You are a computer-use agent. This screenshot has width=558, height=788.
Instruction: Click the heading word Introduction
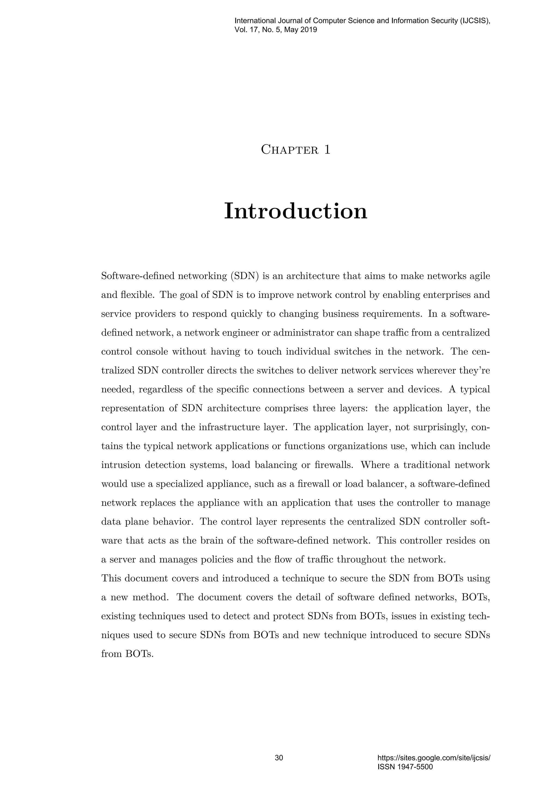pos(296,211)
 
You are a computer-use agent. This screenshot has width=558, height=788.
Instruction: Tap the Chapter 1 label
pos(296,150)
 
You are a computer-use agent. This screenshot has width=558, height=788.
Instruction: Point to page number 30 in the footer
pos(279,758)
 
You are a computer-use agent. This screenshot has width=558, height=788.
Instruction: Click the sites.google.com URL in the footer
pos(433,758)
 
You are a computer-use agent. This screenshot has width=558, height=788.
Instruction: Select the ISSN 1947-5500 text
pos(405,767)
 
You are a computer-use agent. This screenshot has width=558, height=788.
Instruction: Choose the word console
pos(152,352)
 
